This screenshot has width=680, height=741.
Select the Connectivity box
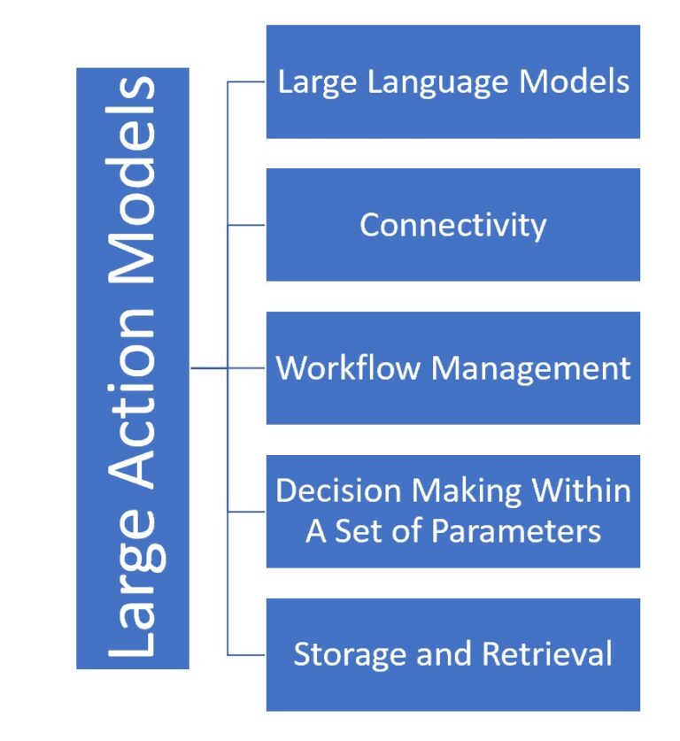point(452,225)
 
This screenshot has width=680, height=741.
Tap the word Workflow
point(347,367)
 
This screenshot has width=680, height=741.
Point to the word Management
point(529,367)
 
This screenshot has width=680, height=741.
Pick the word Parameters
point(516,531)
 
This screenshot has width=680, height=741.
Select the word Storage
point(341,654)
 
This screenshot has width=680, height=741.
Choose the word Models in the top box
point(575,82)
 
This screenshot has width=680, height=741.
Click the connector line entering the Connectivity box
point(247,225)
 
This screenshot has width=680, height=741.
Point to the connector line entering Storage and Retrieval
point(247,655)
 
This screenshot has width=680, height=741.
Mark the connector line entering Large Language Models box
point(247,82)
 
